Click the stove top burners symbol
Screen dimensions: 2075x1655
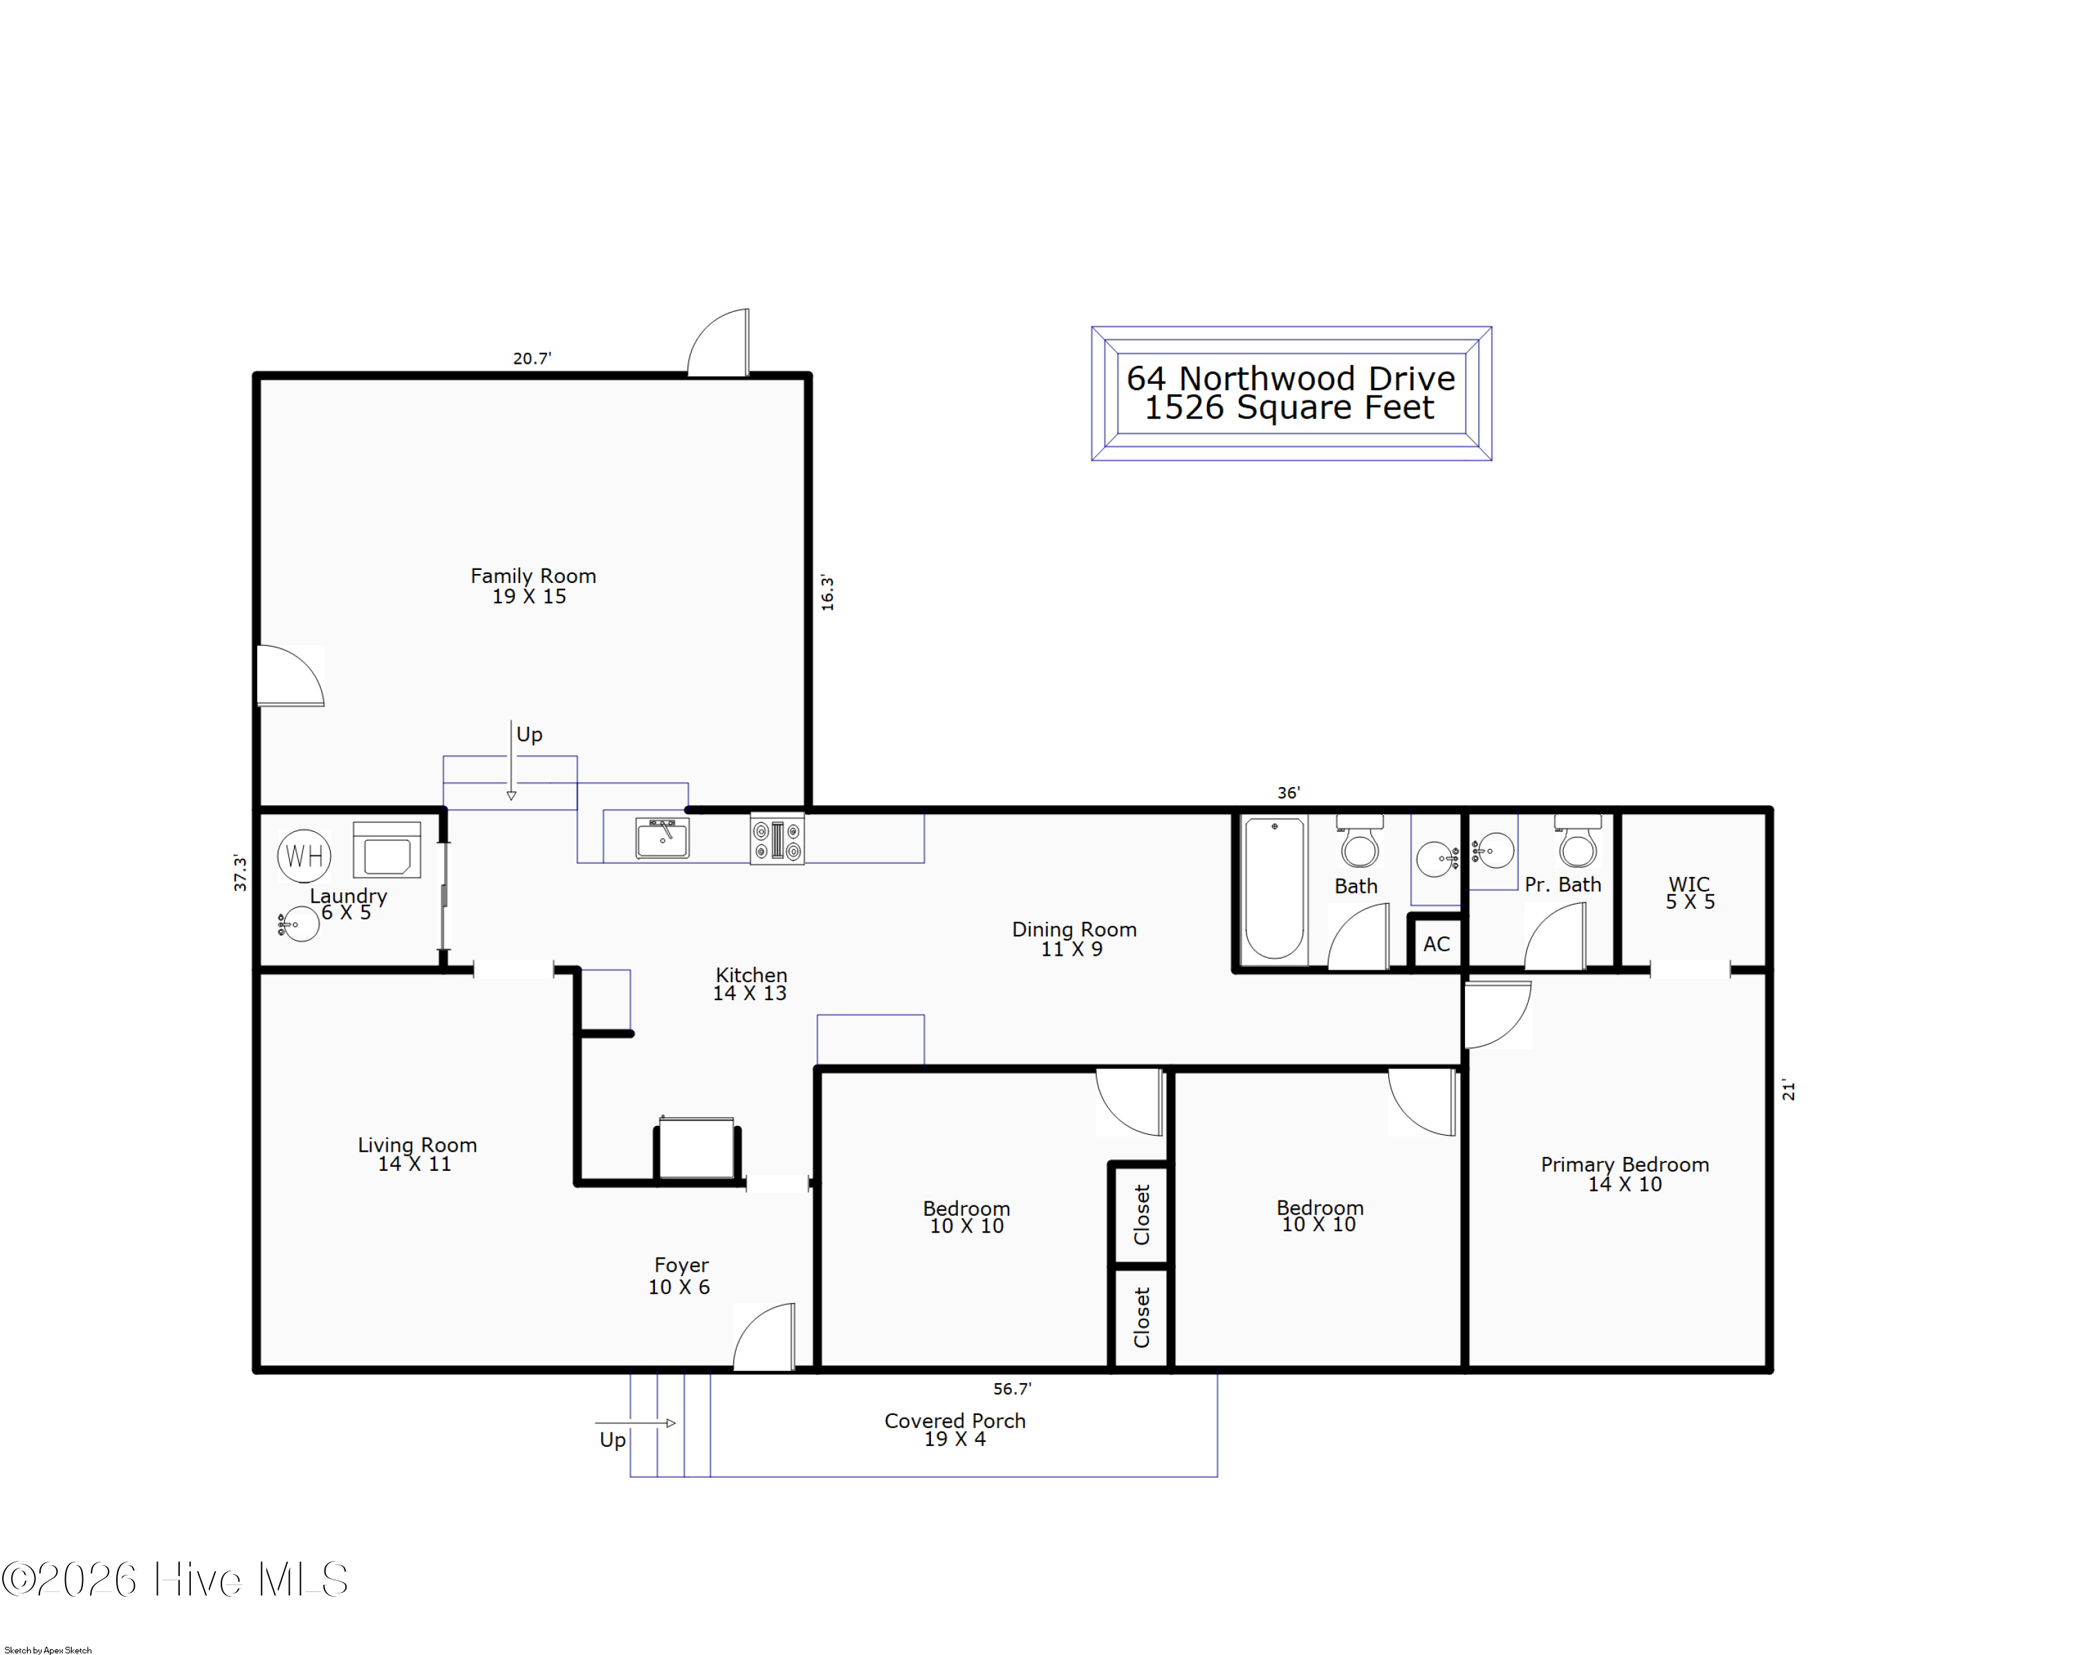point(777,839)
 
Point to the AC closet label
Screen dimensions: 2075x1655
point(1436,944)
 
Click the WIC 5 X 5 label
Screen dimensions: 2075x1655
point(1690,892)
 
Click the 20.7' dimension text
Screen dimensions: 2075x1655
point(531,358)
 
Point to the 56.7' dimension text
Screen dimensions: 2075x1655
point(1011,1389)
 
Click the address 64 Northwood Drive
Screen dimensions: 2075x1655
point(1291,378)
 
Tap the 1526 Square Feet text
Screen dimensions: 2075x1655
point(1289,408)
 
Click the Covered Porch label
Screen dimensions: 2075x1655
point(954,1421)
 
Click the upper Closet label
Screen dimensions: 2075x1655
point(1141,1214)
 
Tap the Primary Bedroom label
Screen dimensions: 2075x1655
point(1625,1164)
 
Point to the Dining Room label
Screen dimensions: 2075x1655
point(1074,930)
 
